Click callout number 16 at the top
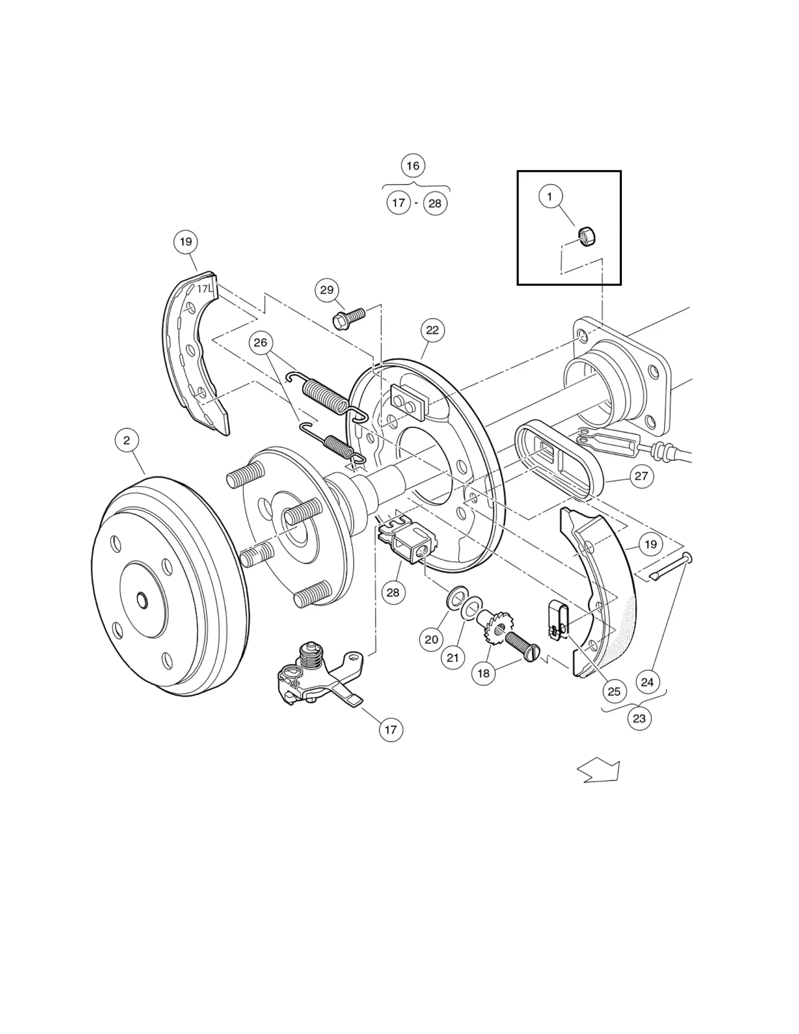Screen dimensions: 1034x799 (x=412, y=165)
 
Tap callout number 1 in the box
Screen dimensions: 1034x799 (x=550, y=197)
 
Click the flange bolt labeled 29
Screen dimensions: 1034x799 (x=348, y=319)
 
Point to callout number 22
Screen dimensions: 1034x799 (x=432, y=330)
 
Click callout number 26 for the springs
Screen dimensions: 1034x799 (x=261, y=343)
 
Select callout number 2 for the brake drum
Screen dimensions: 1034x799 (x=127, y=441)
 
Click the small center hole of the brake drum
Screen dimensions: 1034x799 (x=142, y=599)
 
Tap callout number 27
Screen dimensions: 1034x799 (x=641, y=476)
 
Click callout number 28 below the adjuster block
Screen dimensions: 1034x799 (x=393, y=592)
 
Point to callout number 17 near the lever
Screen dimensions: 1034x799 (x=390, y=730)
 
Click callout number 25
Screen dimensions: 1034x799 (x=614, y=691)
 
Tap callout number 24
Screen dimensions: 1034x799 (x=647, y=682)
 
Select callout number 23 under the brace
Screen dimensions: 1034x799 (x=639, y=718)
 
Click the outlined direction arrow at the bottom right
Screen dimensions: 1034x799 (x=600, y=771)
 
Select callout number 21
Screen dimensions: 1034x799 (x=453, y=658)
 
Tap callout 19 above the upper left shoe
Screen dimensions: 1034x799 (x=185, y=242)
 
